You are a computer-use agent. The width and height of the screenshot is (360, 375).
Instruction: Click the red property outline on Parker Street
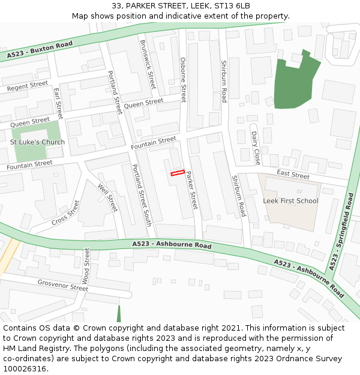(177, 173)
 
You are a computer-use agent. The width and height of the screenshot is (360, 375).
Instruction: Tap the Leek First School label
(290, 200)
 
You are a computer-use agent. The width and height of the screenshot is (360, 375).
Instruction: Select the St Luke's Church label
(37, 142)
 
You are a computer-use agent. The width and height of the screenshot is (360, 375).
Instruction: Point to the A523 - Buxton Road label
(40, 50)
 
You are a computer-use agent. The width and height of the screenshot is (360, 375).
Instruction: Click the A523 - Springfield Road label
(341, 230)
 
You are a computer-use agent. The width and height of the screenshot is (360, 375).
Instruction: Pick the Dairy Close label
(256, 148)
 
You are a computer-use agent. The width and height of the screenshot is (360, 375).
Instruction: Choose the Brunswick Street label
(148, 64)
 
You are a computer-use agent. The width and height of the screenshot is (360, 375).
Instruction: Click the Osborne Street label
(183, 80)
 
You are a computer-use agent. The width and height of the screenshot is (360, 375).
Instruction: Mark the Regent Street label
(27, 87)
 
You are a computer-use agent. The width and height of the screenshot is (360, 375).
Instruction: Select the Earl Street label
(58, 103)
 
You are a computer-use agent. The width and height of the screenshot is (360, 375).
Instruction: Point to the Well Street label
(107, 197)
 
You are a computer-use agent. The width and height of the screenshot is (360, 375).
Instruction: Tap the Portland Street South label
(141, 195)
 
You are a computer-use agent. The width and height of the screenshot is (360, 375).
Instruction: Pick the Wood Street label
(86, 266)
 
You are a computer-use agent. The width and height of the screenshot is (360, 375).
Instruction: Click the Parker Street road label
(191, 190)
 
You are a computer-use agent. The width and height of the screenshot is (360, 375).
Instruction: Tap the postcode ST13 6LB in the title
(231, 5)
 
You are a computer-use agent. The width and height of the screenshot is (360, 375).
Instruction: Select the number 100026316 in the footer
(24, 369)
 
